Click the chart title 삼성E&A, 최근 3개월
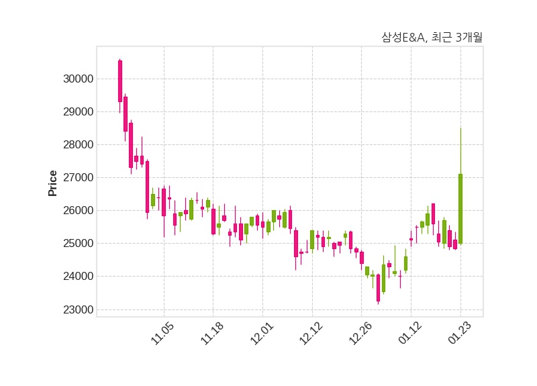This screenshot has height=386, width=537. (x=432, y=38)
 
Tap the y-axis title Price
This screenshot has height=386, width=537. (x=53, y=183)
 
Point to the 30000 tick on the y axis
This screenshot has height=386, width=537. (x=75, y=79)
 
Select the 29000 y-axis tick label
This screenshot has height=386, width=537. (x=75, y=111)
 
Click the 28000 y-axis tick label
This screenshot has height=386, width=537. (x=75, y=144)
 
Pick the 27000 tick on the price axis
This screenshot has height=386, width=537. (x=75, y=177)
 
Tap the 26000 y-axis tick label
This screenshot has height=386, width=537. (x=75, y=210)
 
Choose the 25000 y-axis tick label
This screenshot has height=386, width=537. (x=75, y=243)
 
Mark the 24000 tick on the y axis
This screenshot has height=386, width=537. (x=75, y=276)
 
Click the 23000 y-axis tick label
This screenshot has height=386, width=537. (x=75, y=309)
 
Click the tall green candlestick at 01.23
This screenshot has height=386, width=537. (x=460, y=208)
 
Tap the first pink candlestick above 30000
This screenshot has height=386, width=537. (x=120, y=81)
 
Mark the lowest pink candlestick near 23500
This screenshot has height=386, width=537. (x=378, y=288)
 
